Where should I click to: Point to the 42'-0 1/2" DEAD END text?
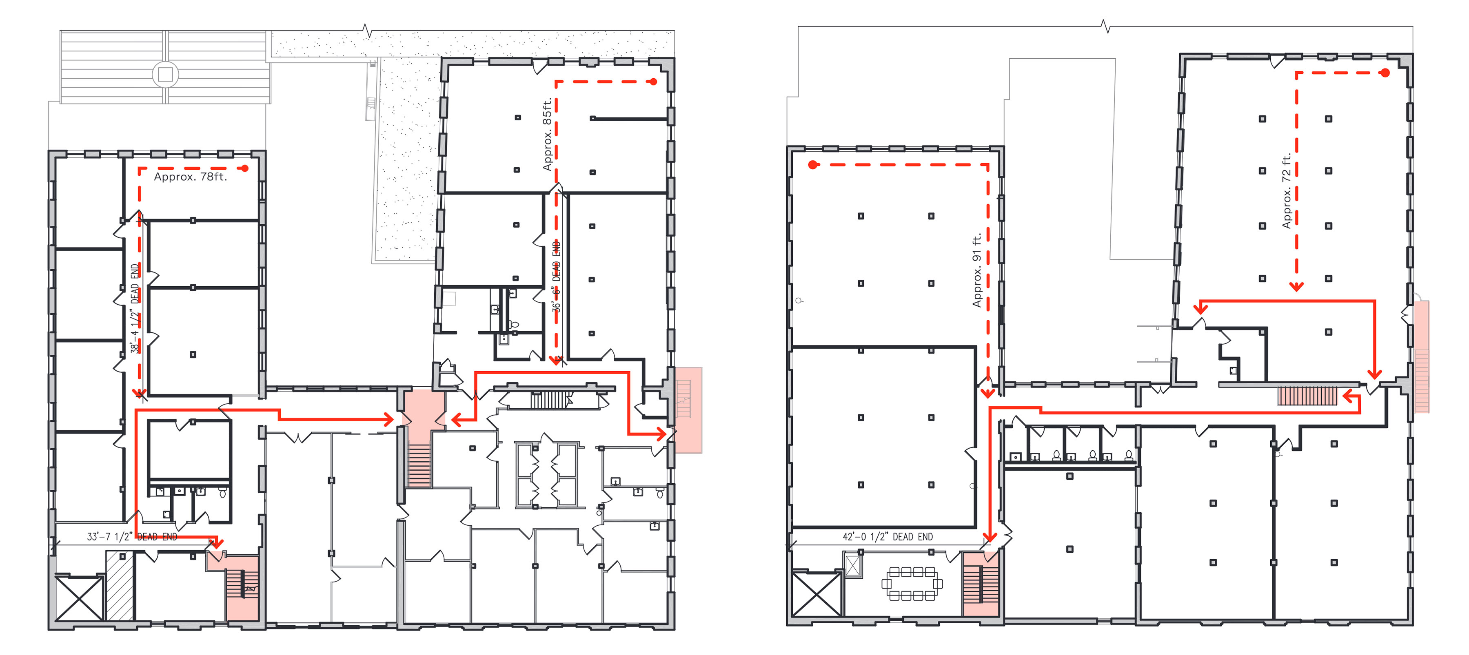(x=888, y=536)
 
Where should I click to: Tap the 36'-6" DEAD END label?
(x=557, y=277)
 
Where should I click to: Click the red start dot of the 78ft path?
(x=245, y=168)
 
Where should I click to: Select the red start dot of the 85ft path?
(x=654, y=82)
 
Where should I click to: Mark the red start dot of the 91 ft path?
(x=812, y=165)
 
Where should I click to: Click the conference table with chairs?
(x=912, y=583)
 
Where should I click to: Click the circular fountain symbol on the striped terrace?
(x=165, y=74)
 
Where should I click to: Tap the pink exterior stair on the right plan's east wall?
(x=1422, y=356)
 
